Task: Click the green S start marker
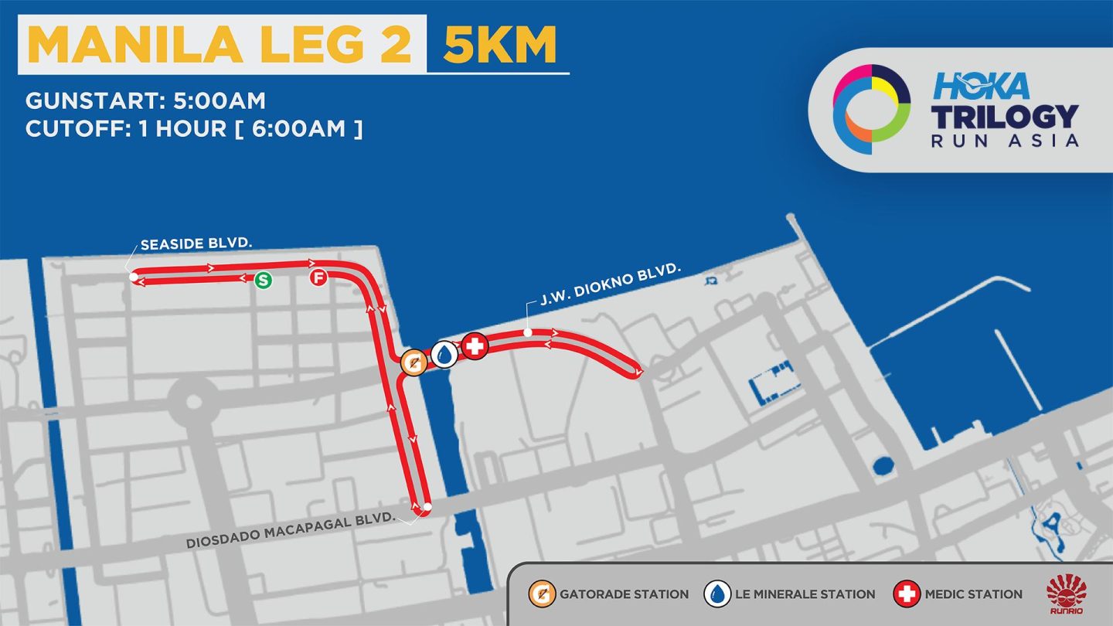[264, 280]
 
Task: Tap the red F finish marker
[318, 277]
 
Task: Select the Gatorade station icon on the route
[414, 362]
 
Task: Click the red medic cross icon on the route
[475, 346]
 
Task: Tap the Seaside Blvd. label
[197, 245]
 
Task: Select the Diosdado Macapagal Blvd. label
[291, 529]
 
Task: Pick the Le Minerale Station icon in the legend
[717, 594]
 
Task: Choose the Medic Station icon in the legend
[907, 594]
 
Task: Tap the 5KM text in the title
[499, 45]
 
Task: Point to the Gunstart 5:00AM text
[145, 100]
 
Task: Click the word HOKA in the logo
[981, 86]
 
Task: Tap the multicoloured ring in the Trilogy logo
[871, 109]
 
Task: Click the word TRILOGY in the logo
[1005, 116]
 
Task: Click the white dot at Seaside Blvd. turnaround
[134, 276]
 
